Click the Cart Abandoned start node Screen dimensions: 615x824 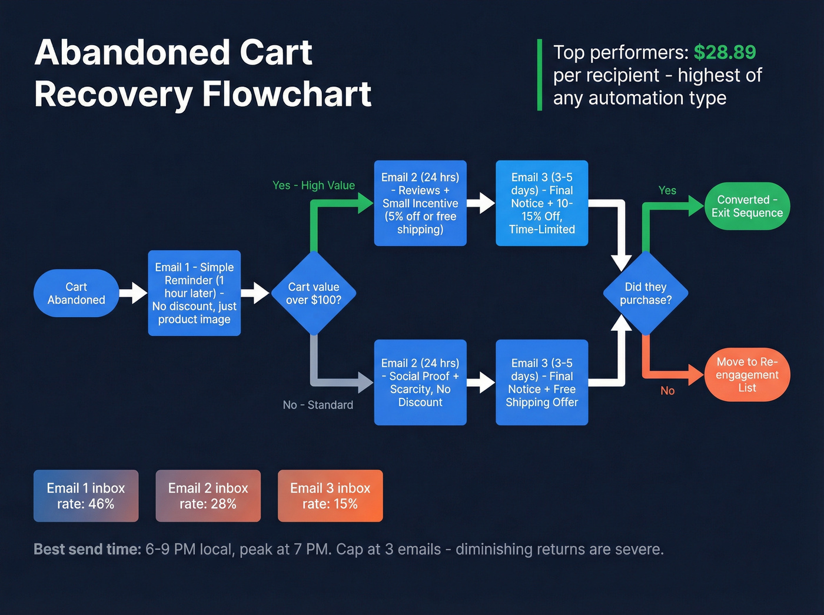click(x=77, y=293)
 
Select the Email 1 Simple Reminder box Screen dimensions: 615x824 click(x=194, y=293)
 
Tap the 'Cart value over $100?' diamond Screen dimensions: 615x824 click(x=314, y=293)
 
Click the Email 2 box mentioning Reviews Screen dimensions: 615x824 click(x=420, y=203)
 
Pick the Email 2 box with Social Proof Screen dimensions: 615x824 click(x=420, y=383)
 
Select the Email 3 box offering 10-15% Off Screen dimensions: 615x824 click(x=541, y=203)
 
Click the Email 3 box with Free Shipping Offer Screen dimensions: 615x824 click(x=541, y=383)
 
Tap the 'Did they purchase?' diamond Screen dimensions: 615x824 click(x=646, y=293)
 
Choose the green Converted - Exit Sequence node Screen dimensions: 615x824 click(x=747, y=206)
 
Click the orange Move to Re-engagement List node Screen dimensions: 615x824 click(x=747, y=375)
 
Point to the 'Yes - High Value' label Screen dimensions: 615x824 click(x=314, y=185)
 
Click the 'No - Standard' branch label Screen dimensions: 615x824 click(x=318, y=405)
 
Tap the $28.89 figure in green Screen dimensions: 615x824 click(x=725, y=52)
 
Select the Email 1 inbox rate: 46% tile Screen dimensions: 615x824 click(x=86, y=496)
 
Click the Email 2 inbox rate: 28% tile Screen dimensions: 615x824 click(x=208, y=496)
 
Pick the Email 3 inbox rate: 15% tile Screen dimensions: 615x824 click(x=330, y=496)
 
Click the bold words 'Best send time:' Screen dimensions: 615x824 click(x=87, y=549)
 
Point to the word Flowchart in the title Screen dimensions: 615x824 click(x=287, y=94)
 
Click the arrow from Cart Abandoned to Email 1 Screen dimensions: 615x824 click(x=134, y=293)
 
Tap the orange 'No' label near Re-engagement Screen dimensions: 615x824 click(x=667, y=391)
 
